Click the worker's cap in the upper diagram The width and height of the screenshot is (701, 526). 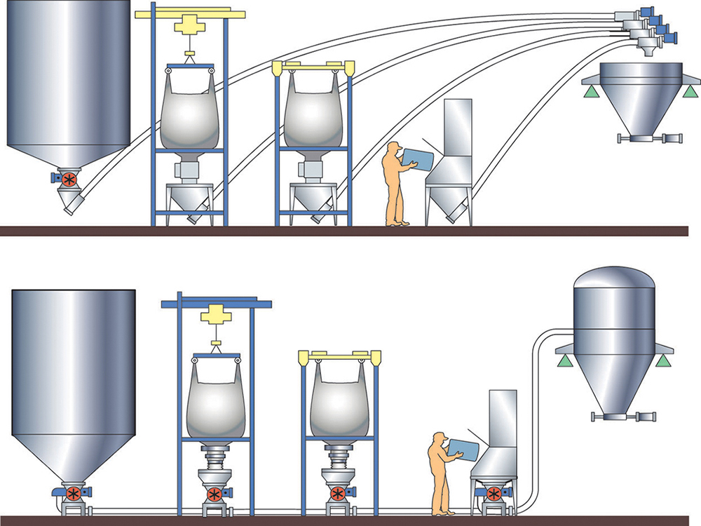point(393,146)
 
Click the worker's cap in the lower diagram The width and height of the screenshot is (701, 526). point(439,437)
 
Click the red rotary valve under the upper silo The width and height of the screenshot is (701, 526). point(69,179)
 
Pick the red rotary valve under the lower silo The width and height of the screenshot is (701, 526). point(72,493)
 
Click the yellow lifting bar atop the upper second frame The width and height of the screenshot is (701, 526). point(313,66)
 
